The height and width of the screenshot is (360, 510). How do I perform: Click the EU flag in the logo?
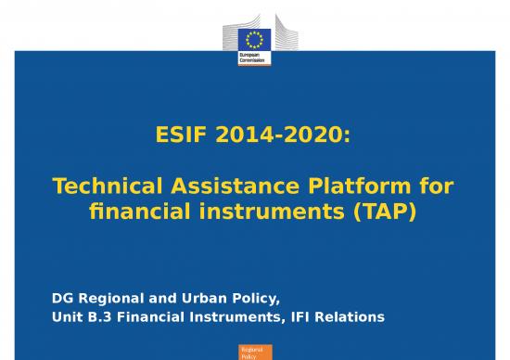tap(254, 39)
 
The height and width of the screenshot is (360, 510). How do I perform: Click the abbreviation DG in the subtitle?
tap(61, 299)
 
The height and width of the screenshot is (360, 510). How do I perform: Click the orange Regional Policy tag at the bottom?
tap(253, 351)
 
